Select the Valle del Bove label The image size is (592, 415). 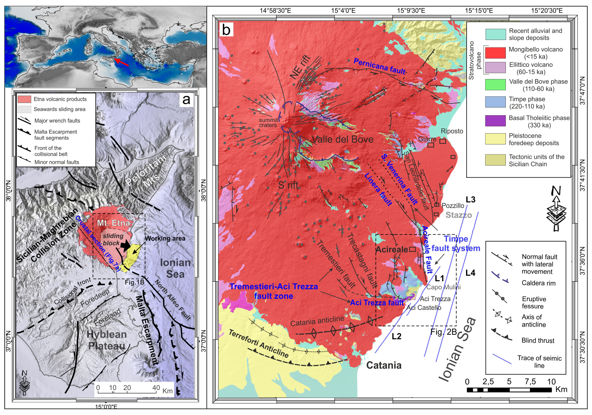tap(343, 140)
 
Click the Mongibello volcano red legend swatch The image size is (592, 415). tap(495, 53)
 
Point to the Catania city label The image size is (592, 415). tap(384, 365)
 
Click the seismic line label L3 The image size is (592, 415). tap(470, 200)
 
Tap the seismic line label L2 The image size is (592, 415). tap(396, 336)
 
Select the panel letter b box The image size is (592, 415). tap(226, 30)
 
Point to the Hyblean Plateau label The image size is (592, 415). tap(106, 340)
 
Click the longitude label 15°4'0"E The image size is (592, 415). tap(343, 11)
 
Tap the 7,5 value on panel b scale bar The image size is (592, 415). tap(530, 382)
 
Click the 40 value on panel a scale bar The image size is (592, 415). tap(156, 388)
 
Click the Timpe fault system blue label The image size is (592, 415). tap(456, 244)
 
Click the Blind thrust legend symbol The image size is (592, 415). tap(502, 336)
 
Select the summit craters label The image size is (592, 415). tap(268, 123)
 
